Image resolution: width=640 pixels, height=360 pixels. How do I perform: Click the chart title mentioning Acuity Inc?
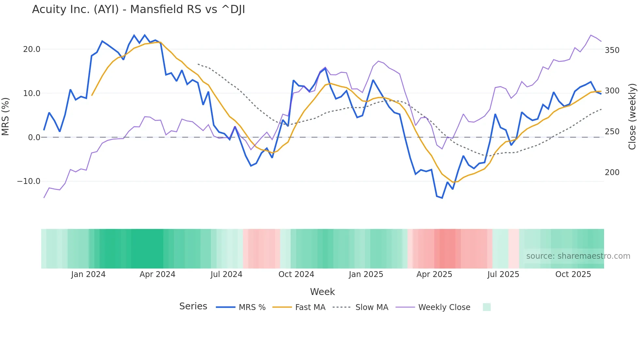[x=138, y=9]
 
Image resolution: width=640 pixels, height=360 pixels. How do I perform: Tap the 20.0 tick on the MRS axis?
[x=32, y=49]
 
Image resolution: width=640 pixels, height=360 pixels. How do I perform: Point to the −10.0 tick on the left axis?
[x=29, y=181]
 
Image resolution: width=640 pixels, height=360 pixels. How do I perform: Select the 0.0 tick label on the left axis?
[x=34, y=138]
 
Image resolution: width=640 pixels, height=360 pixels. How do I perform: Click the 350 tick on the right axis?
[x=612, y=50]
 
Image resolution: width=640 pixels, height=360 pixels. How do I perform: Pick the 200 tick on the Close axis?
[x=612, y=172]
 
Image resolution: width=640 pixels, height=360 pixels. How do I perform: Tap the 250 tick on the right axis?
[x=612, y=132]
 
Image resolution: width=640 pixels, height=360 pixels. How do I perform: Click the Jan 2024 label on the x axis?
[x=88, y=274]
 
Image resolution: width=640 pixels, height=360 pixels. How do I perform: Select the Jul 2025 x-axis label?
[x=503, y=274]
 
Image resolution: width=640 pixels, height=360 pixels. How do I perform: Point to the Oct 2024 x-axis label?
[x=296, y=274]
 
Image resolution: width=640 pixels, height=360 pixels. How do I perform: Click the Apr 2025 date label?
[x=434, y=274]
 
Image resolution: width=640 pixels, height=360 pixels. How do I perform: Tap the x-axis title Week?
[x=322, y=292]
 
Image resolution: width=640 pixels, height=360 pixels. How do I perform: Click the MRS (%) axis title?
[x=6, y=116]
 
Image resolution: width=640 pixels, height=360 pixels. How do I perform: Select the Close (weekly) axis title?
[x=632, y=116]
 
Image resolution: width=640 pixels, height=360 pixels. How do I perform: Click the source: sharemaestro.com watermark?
[x=578, y=256]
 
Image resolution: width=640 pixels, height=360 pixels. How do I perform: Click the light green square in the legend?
[x=487, y=307]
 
